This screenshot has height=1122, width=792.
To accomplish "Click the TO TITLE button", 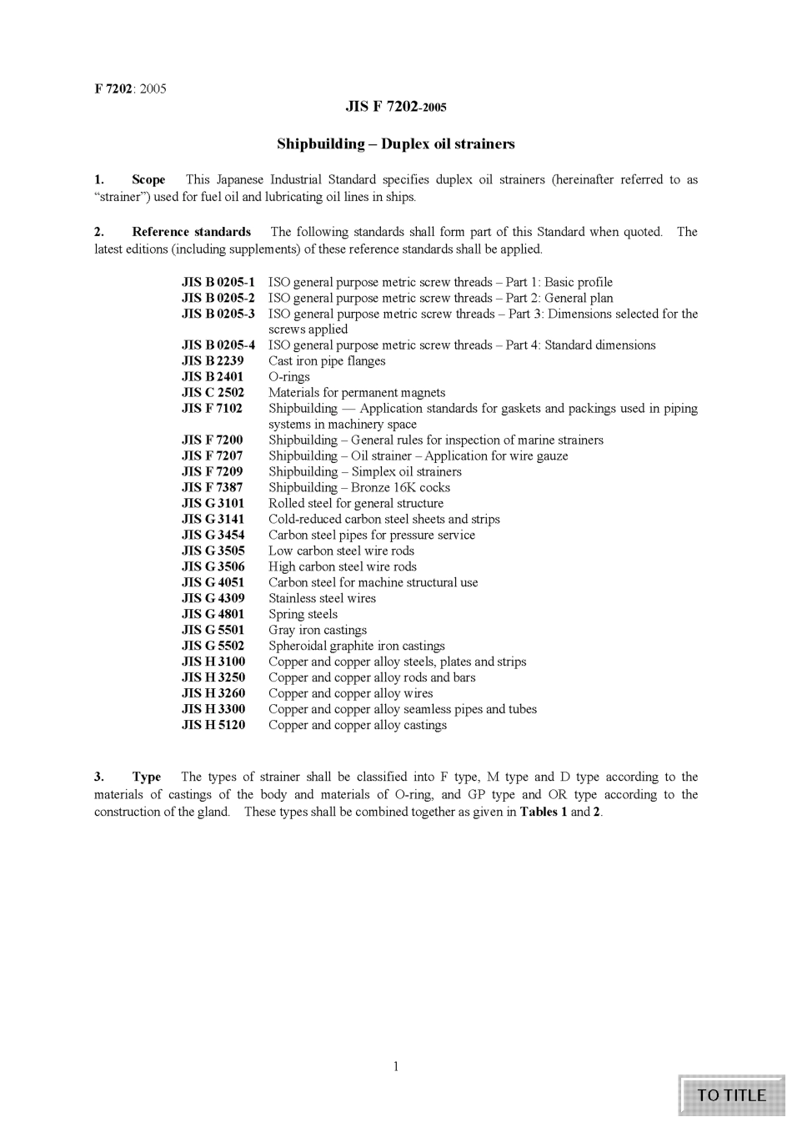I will [731, 1095].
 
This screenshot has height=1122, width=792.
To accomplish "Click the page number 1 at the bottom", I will [396, 1066].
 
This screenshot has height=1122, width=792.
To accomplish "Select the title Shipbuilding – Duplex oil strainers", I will [396, 143].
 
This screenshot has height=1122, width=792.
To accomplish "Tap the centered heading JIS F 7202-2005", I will [396, 108].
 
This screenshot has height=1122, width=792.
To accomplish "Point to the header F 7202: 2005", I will [130, 88].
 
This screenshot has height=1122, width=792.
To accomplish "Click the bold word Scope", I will [148, 179].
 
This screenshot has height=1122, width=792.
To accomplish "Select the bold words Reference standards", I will [191, 232].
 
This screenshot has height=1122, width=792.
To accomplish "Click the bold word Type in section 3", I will [147, 777].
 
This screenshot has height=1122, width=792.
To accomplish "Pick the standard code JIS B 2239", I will [213, 361].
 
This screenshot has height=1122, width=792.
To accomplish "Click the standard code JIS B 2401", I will [213, 377].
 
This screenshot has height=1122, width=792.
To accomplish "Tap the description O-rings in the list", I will [289, 377].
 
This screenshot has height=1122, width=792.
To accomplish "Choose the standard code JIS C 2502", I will [213, 393].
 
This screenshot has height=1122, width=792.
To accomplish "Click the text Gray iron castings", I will [318, 630].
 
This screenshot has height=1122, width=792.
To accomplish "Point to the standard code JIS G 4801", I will [213, 614].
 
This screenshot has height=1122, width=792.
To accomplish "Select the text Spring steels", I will [303, 614].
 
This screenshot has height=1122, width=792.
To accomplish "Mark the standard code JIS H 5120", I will [213, 725].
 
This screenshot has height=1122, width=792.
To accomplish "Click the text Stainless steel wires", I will [322, 598].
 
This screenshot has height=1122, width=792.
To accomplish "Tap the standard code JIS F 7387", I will [213, 487].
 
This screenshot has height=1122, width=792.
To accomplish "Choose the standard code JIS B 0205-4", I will [218, 345].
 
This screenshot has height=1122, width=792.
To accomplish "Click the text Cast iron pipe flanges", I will [327, 361].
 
